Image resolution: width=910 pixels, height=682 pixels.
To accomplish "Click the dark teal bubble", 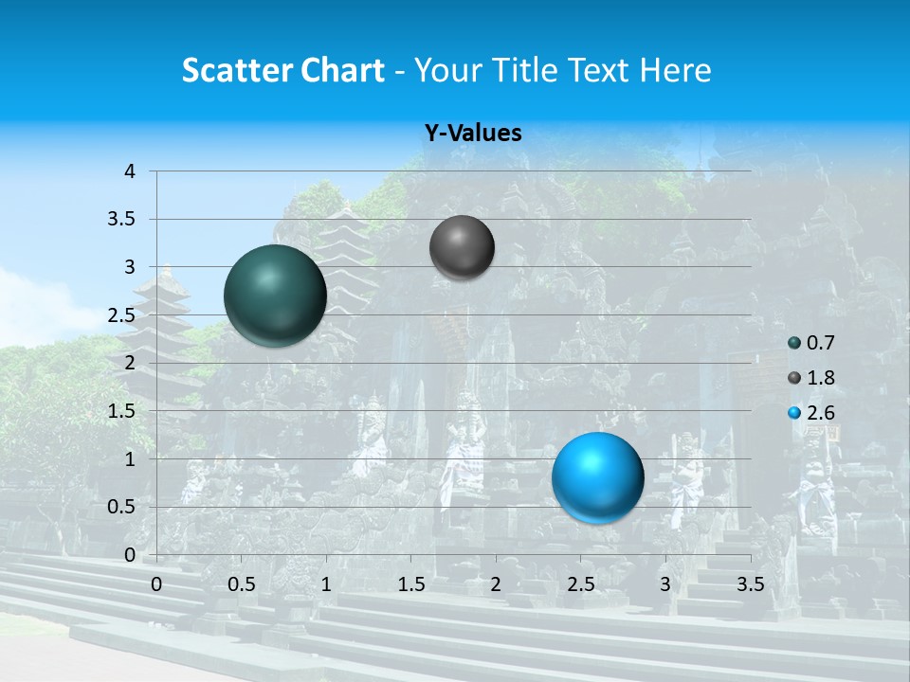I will click(275, 296).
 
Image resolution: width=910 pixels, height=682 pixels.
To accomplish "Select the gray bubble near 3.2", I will click(462, 247).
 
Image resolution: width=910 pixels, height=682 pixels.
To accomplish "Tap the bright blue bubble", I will click(597, 477).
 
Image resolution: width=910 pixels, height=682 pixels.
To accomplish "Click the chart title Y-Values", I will click(473, 134).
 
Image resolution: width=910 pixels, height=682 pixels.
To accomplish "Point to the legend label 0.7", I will click(820, 343).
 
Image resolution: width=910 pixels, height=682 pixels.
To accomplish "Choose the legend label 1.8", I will click(820, 378).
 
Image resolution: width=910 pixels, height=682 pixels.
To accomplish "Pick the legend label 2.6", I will click(820, 413).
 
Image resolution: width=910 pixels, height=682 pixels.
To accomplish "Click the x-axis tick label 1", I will click(326, 583).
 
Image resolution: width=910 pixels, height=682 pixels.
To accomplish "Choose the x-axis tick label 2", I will click(496, 583).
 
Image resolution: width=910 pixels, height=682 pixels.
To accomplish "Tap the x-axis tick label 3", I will click(665, 583).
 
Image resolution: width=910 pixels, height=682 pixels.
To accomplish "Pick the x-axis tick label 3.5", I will click(750, 583).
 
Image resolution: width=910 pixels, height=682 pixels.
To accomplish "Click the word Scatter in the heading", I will click(236, 70).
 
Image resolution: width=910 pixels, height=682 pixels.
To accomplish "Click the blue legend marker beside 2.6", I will click(794, 413).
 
